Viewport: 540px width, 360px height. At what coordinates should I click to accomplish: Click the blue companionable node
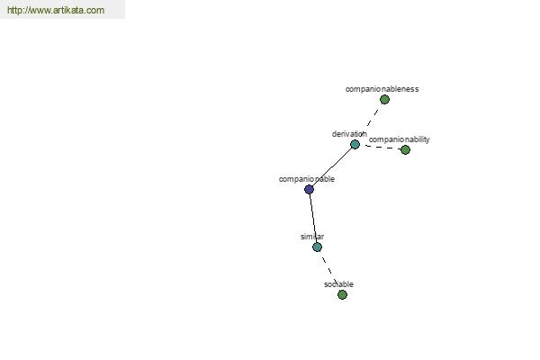pyautogui.click(x=310, y=189)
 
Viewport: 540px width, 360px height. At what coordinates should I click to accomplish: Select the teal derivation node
pyautogui.click(x=355, y=144)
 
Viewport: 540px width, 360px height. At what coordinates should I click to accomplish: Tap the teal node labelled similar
pyautogui.click(x=317, y=247)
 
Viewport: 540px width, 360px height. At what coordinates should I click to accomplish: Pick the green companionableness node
pyautogui.click(x=384, y=100)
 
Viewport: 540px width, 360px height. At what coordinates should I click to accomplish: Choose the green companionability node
pyautogui.click(x=405, y=150)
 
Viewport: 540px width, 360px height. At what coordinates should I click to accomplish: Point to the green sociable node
pyautogui.click(x=342, y=294)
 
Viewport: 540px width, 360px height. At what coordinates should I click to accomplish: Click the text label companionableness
pyautogui.click(x=382, y=89)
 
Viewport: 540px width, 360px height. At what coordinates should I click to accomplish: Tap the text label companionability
pyautogui.click(x=399, y=139)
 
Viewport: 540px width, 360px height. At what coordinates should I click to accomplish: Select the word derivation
pyautogui.click(x=349, y=134)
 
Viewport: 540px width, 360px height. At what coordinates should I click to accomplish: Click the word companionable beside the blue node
pyautogui.click(x=307, y=179)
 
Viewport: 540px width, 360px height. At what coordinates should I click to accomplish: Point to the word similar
pyautogui.click(x=312, y=237)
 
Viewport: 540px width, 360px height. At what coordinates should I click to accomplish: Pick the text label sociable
pyautogui.click(x=338, y=284)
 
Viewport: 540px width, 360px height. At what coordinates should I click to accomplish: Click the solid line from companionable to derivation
pyautogui.click(x=332, y=166)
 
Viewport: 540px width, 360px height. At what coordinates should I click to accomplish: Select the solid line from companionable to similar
pyautogui.click(x=313, y=218)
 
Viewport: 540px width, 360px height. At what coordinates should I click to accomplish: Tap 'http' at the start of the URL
pyautogui.click(x=13, y=10)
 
